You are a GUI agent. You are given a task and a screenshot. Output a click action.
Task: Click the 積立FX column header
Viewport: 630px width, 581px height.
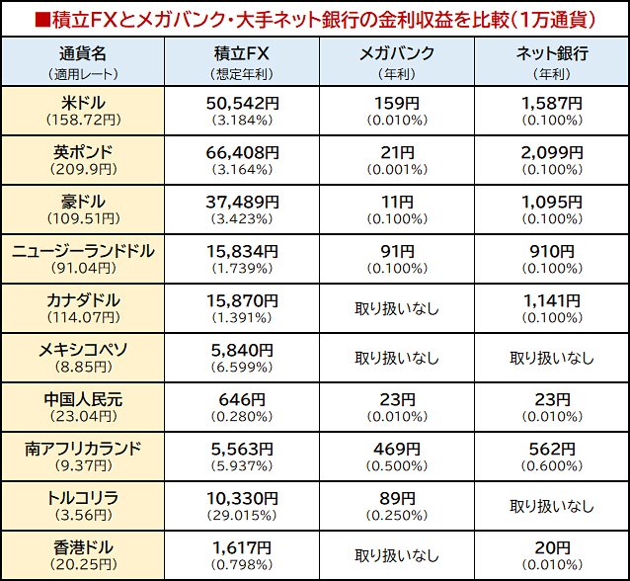pos(241,53)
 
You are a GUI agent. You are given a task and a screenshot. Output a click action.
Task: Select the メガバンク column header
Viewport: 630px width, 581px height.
pos(396,53)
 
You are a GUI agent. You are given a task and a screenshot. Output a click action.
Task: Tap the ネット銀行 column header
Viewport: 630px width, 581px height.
pos(551,53)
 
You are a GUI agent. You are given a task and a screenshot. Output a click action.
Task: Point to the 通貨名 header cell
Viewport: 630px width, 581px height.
pos(83,53)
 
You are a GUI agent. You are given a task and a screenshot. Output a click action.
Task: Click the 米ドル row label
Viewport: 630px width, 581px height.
pos(83,102)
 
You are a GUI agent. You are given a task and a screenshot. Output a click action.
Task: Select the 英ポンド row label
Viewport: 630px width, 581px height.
pos(83,152)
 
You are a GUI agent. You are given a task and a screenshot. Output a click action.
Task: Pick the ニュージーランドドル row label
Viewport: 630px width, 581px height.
pos(83,251)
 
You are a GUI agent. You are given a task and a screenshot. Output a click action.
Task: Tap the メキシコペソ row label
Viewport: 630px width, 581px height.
pos(83,350)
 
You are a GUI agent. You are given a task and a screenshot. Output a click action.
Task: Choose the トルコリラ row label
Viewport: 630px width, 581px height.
pos(83,498)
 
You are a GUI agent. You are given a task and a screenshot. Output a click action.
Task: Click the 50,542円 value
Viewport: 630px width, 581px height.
pos(241,102)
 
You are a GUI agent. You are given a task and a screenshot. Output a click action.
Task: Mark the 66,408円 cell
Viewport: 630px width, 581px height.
pos(241,152)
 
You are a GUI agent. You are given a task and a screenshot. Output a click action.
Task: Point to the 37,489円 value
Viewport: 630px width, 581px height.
pos(241,202)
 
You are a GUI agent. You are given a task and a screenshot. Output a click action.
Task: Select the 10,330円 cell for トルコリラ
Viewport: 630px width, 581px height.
pos(241,498)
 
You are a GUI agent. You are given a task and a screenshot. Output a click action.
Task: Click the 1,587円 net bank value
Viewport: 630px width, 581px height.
pos(551,102)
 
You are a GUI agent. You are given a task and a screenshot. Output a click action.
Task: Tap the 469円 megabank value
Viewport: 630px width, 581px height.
pos(396,449)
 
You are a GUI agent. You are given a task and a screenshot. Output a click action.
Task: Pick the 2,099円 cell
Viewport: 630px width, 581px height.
pos(551,152)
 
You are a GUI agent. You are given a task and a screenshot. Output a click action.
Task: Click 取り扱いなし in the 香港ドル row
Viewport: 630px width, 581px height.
pos(396,555)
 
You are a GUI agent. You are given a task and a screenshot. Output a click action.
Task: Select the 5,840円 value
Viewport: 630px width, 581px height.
pos(241,350)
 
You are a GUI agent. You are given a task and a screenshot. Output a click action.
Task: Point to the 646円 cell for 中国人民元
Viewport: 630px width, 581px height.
pos(241,399)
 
